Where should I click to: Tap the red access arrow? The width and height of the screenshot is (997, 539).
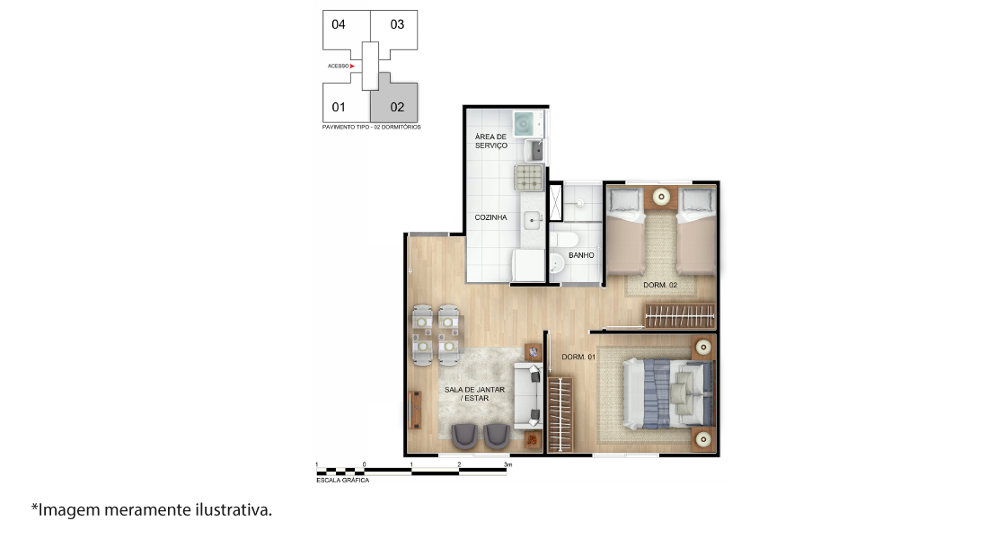[351, 66]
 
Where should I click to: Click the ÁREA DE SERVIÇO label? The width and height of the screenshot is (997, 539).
[491, 141]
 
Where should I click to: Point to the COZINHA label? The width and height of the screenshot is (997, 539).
[491, 217]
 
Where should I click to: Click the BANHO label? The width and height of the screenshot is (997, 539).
[581, 255]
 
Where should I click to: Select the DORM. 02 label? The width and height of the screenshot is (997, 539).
[660, 285]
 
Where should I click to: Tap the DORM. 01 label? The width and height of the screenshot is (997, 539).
[578, 357]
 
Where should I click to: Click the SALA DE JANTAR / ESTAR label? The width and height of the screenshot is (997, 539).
[475, 394]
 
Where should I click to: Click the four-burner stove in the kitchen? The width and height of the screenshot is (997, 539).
[529, 177]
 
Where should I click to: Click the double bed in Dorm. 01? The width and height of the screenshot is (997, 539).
[667, 393]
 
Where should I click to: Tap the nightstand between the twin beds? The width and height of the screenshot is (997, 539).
[662, 197]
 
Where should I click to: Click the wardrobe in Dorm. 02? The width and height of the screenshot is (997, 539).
[680, 316]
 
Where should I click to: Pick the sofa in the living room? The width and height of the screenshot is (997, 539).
[528, 395]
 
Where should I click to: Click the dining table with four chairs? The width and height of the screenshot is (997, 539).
[436, 336]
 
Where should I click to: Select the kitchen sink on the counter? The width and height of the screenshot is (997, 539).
[532, 221]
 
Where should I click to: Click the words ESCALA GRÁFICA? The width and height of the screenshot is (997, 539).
[343, 481]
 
